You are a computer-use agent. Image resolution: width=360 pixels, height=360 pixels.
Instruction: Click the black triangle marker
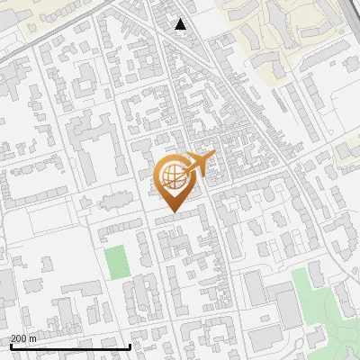point(181,25)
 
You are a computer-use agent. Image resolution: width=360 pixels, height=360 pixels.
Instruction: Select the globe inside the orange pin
point(171,174)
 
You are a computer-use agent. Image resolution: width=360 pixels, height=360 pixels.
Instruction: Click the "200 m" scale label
point(23,338)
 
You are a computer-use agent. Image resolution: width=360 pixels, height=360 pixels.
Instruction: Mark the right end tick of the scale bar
point(130,345)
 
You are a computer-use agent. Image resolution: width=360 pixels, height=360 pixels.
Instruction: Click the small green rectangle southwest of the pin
point(115,262)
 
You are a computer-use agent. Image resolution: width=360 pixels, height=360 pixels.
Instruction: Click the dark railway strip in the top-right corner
point(351,27)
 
